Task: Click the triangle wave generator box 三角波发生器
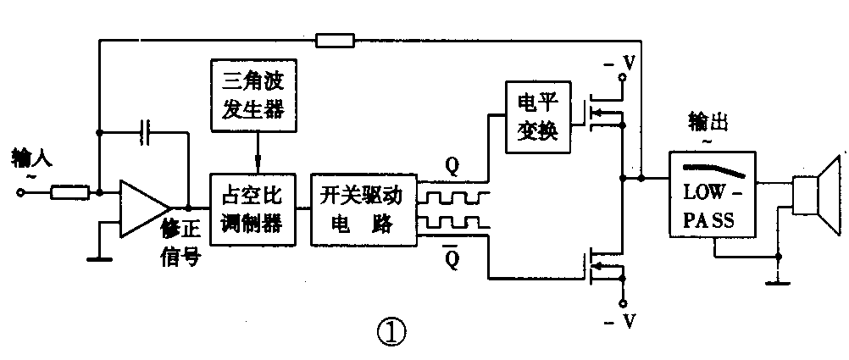click(x=255, y=98)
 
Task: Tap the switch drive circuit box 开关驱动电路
click(x=363, y=209)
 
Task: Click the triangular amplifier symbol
click(x=145, y=208)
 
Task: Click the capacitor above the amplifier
click(x=147, y=132)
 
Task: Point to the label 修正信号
click(x=180, y=241)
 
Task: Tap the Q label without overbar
click(x=452, y=167)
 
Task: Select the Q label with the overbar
click(x=452, y=255)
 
